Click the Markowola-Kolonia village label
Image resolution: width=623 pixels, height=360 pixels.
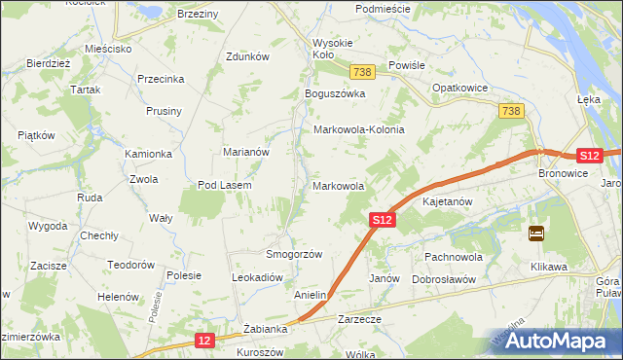[x=358, y=129]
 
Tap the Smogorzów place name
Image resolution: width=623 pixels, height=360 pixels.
[x=294, y=254]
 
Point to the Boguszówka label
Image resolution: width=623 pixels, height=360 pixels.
[x=334, y=93]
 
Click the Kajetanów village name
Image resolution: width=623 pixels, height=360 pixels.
[x=448, y=202]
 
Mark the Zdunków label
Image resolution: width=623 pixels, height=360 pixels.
[x=246, y=56]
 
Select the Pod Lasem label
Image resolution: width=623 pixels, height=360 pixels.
[x=225, y=185]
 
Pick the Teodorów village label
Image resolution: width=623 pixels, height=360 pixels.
[x=131, y=265]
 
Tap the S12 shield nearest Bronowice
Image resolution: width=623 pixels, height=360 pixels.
[x=587, y=156]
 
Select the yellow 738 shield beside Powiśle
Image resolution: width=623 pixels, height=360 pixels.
[x=363, y=73]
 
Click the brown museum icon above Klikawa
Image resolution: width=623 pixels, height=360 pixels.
[x=536, y=234]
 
